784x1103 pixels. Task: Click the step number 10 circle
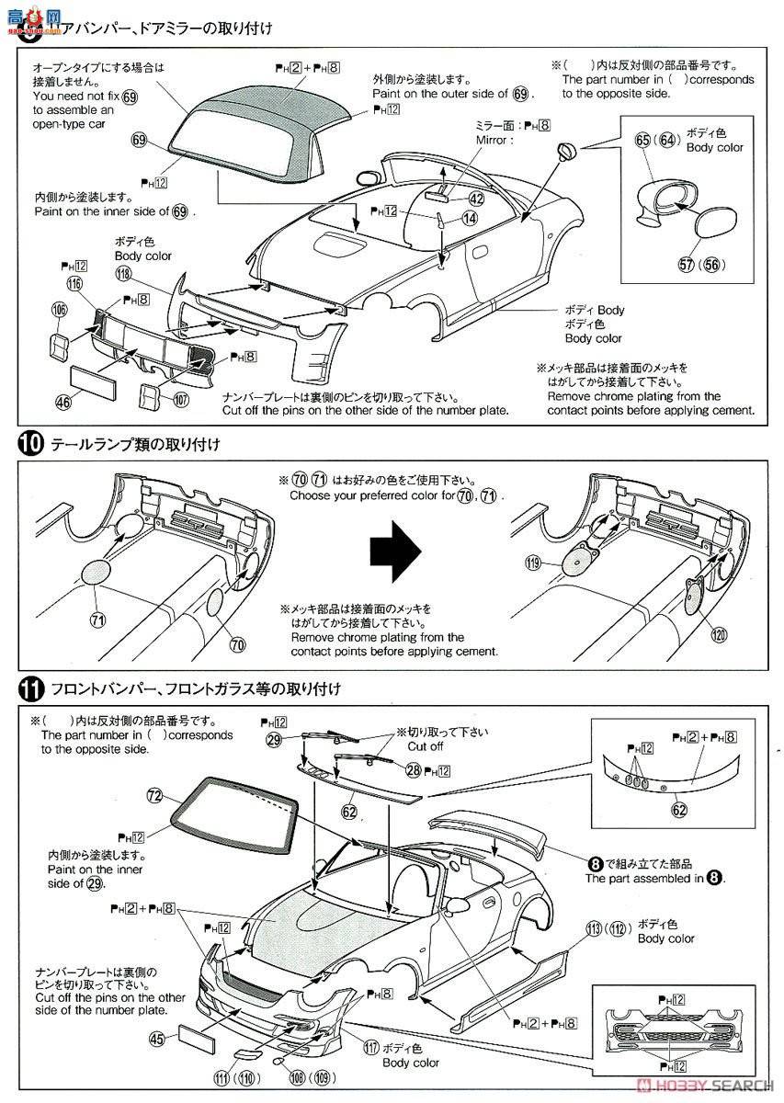29,445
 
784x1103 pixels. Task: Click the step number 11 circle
29,687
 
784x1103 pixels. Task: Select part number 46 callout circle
62,402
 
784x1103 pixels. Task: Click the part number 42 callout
475,198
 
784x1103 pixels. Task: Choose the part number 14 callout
470,218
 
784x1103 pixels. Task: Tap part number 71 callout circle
97,620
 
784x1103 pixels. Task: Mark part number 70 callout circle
238,644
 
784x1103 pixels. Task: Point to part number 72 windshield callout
154,794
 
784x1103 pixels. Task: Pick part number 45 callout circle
157,1039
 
